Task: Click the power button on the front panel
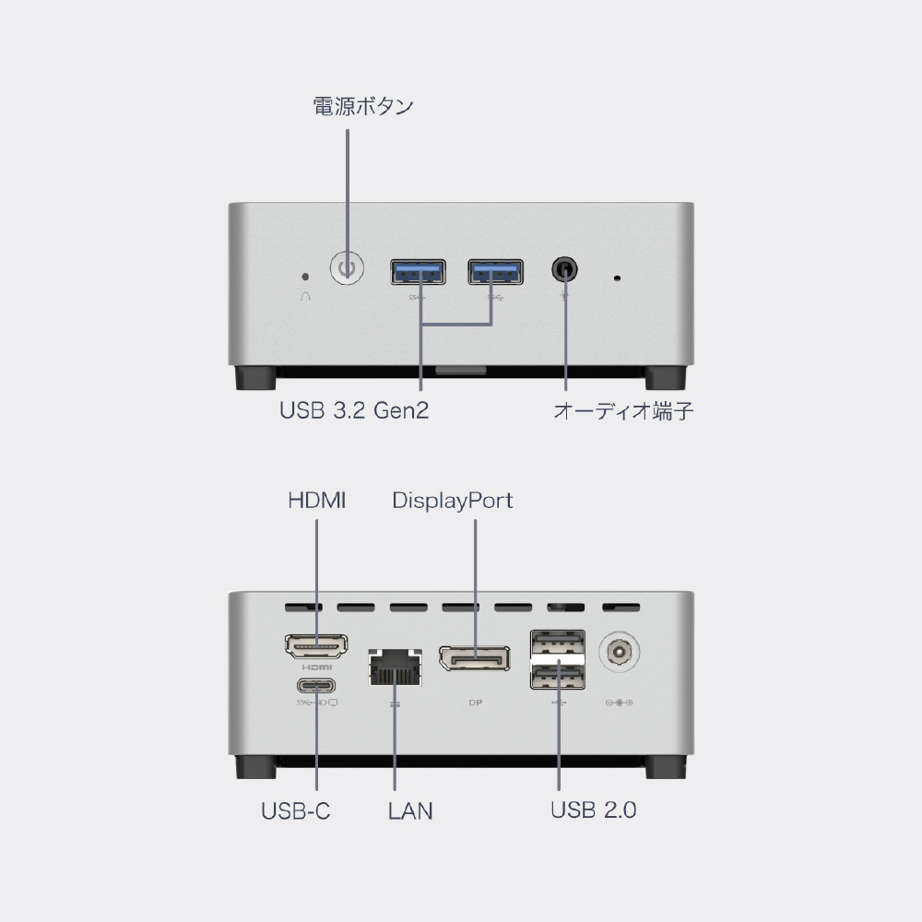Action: (347, 268)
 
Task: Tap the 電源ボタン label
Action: (362, 106)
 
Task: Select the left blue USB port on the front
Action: (418, 272)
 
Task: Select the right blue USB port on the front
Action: (496, 272)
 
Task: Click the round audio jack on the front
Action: (564, 270)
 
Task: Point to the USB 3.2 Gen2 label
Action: (354, 410)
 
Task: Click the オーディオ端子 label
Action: (623, 410)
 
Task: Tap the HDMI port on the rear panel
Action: (316, 646)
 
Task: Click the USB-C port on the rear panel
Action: (316, 686)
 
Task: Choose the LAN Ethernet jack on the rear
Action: (396, 668)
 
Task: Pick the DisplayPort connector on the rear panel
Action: (475, 658)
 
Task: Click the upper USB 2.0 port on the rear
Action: (558, 643)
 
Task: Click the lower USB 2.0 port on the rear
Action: (558, 676)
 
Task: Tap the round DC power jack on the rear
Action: (619, 652)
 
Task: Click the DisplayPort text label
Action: (452, 501)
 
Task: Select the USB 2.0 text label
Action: (593, 810)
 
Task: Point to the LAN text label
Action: (410, 810)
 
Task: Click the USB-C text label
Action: (296, 810)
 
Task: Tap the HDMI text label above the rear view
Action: (317, 501)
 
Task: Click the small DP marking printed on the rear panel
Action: (476, 702)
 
